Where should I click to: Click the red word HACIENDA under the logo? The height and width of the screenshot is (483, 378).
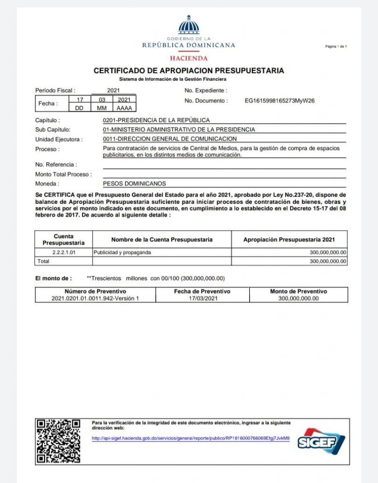(189, 58)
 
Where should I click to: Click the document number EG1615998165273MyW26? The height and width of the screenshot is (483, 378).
(280, 100)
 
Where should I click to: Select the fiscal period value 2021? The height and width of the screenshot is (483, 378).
(114, 90)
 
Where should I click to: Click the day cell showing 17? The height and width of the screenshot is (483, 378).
(80, 100)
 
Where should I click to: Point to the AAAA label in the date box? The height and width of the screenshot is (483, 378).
(124, 108)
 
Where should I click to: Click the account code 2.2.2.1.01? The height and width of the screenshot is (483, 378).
(63, 252)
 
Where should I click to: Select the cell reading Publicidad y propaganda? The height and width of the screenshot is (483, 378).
(122, 252)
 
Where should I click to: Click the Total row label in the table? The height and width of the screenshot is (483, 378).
(44, 261)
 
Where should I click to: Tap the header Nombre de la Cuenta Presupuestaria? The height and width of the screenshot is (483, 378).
(162, 240)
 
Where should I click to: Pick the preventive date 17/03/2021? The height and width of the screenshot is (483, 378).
(202, 299)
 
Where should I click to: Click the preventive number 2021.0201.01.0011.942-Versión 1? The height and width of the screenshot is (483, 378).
(95, 299)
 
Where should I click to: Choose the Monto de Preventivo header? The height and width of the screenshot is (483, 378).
(298, 291)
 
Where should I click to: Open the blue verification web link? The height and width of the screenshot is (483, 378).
(191, 438)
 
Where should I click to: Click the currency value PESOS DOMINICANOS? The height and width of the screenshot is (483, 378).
(134, 183)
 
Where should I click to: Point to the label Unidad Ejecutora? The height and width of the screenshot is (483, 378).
(59, 139)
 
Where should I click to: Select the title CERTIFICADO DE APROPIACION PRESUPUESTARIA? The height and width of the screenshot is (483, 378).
(189, 71)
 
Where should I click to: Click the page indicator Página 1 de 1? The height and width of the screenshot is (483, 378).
(336, 46)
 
